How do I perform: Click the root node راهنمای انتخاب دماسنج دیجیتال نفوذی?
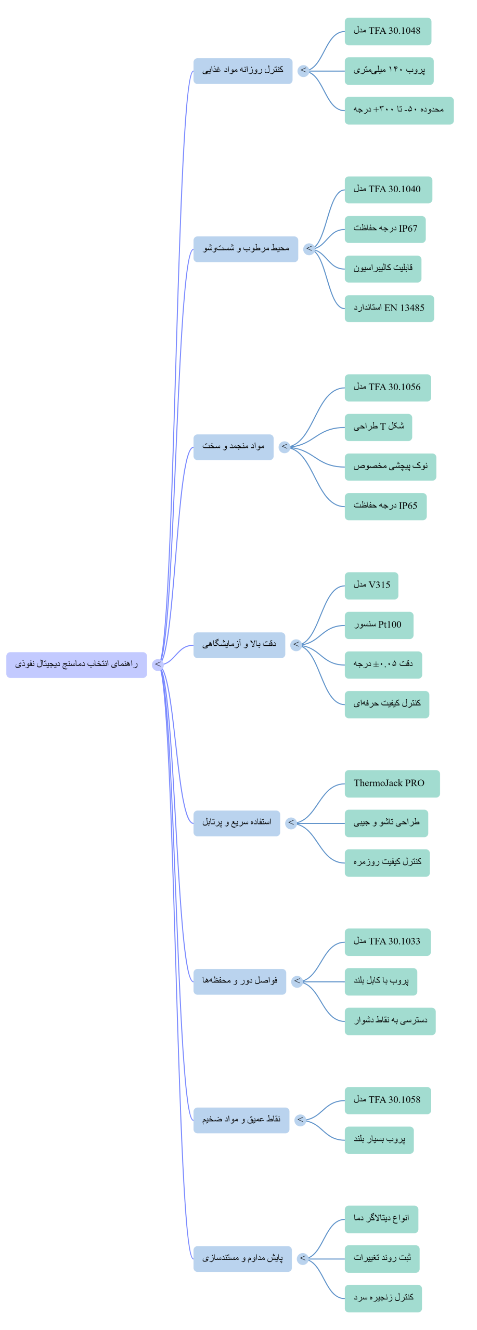[76, 664]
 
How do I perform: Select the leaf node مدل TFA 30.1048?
[388, 31]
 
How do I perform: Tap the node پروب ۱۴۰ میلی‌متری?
[389, 71]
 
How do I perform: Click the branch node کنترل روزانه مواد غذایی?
[243, 71]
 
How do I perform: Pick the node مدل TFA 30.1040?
[388, 190]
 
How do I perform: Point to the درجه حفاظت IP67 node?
[385, 229]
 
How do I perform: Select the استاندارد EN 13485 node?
[389, 308]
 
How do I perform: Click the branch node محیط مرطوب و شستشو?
[246, 249]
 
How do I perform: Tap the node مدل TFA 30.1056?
[388, 388]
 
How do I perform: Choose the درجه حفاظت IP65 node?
[385, 506]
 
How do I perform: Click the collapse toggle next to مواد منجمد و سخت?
[284, 447]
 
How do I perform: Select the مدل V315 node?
[371, 586]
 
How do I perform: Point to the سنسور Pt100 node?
[379, 625]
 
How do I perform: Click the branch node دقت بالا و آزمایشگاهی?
[239, 645]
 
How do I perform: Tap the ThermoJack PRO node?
[392, 783]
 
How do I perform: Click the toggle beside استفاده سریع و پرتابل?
[291, 823]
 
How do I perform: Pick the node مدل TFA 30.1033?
[388, 942]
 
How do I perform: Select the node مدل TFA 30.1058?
[388, 1100]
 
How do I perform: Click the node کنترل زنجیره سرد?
[383, 1298]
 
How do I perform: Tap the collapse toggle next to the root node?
[158, 664]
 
